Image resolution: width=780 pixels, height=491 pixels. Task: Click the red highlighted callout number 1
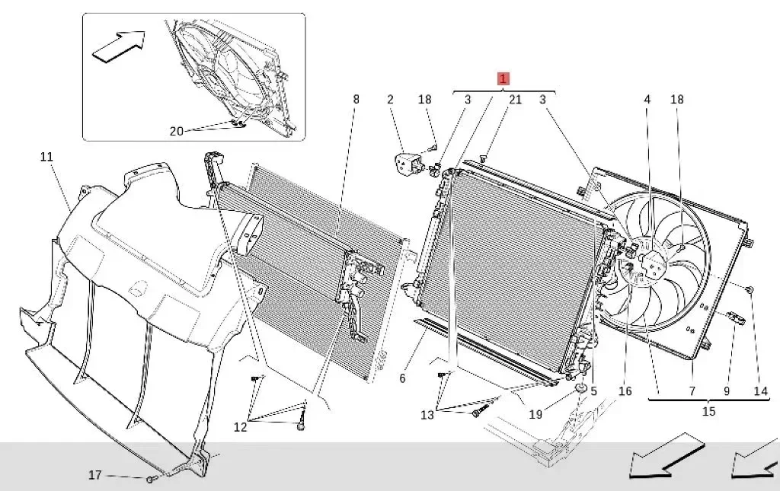pyautogui.click(x=503, y=78)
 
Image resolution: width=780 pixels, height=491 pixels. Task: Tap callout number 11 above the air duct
pyautogui.click(x=46, y=158)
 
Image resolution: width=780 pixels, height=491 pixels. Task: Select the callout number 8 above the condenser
pyautogui.click(x=356, y=99)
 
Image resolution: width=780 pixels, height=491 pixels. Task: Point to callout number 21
pyautogui.click(x=516, y=99)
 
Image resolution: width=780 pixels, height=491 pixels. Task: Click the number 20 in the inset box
pyautogui.click(x=176, y=131)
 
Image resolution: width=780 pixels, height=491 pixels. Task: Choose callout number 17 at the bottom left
pyautogui.click(x=95, y=475)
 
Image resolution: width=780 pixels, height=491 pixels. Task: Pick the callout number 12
pyautogui.click(x=241, y=427)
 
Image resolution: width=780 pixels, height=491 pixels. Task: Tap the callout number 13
pyautogui.click(x=427, y=414)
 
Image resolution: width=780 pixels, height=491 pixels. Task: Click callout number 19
pyautogui.click(x=535, y=414)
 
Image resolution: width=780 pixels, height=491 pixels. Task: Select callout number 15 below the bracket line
pyautogui.click(x=708, y=411)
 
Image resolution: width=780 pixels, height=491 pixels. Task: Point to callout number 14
pyautogui.click(x=761, y=391)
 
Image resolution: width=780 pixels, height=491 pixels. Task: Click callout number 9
pyautogui.click(x=727, y=391)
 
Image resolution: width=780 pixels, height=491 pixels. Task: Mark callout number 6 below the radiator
pyautogui.click(x=402, y=378)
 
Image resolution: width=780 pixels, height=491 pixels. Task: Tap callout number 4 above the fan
pyautogui.click(x=647, y=99)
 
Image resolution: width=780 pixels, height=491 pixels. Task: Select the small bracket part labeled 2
pyautogui.click(x=408, y=162)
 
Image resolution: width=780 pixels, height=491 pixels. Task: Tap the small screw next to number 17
pyautogui.click(x=152, y=479)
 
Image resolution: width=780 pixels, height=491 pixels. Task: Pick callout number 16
pyautogui.click(x=625, y=391)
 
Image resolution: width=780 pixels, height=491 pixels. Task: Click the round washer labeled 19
pyautogui.click(x=580, y=389)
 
